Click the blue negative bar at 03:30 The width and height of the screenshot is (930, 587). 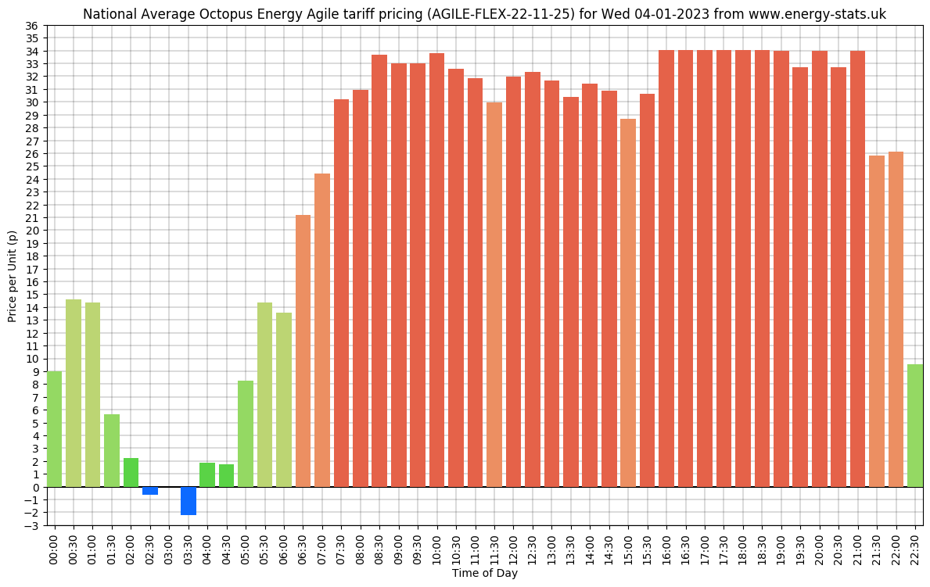189,500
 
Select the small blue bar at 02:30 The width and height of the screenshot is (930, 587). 150,491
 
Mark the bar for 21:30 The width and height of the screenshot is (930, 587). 877,320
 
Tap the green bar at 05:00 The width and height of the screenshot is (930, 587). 246,434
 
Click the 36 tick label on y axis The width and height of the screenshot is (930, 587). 32,26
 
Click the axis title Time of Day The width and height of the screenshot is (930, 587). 484,574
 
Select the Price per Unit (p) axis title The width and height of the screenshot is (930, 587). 12,276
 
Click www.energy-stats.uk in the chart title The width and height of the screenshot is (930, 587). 817,14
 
